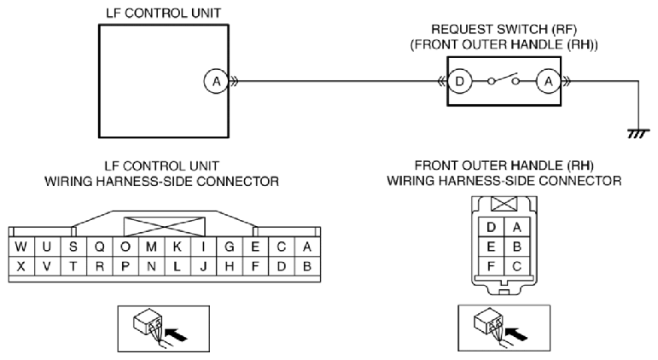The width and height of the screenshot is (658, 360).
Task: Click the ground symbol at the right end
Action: click(638, 134)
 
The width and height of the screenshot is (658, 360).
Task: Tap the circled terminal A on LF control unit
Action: click(216, 81)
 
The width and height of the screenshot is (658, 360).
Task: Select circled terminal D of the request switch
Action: click(460, 81)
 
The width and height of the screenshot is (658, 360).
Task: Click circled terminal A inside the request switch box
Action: click(549, 81)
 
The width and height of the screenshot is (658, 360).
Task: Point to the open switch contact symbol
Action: click(504, 79)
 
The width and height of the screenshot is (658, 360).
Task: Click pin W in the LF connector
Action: click(21, 247)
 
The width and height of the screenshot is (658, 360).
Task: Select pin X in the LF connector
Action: click(21, 266)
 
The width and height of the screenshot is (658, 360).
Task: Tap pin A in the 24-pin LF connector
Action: click(307, 247)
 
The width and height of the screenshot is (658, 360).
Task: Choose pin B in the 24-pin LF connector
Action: click(307, 266)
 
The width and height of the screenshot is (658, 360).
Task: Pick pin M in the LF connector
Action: click(151, 247)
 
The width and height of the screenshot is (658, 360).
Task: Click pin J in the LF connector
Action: click(203, 266)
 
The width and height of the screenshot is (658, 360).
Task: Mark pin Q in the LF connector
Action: click(99, 247)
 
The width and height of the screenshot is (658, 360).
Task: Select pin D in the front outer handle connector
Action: click(491, 227)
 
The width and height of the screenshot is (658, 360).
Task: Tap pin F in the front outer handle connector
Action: click(491, 265)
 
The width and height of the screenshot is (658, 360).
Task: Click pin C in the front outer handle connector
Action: click(516, 265)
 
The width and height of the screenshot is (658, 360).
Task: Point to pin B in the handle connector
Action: click(516, 247)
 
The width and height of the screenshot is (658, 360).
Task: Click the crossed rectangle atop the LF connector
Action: click(164, 227)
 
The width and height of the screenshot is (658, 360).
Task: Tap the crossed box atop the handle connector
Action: click(504, 204)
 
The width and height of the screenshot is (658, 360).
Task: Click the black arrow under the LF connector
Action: click(176, 334)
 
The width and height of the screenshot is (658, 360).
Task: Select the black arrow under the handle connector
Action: click(516, 334)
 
